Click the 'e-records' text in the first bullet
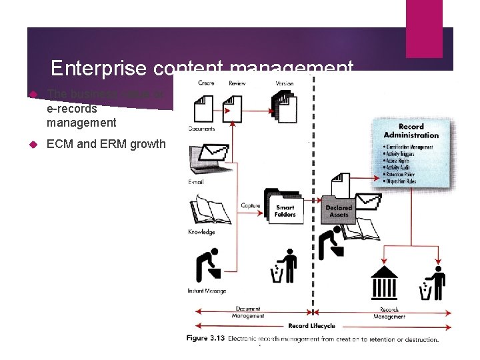(x=71, y=109)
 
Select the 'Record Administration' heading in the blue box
(x=411, y=131)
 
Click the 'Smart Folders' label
(x=285, y=211)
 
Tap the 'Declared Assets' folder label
(x=339, y=211)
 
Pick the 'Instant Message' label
(x=207, y=291)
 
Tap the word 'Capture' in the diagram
(x=250, y=205)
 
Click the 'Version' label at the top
(x=284, y=83)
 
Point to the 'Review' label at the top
(x=237, y=83)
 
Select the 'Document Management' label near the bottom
(x=248, y=312)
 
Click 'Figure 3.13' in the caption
(x=205, y=339)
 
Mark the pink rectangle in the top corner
(x=424, y=29)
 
